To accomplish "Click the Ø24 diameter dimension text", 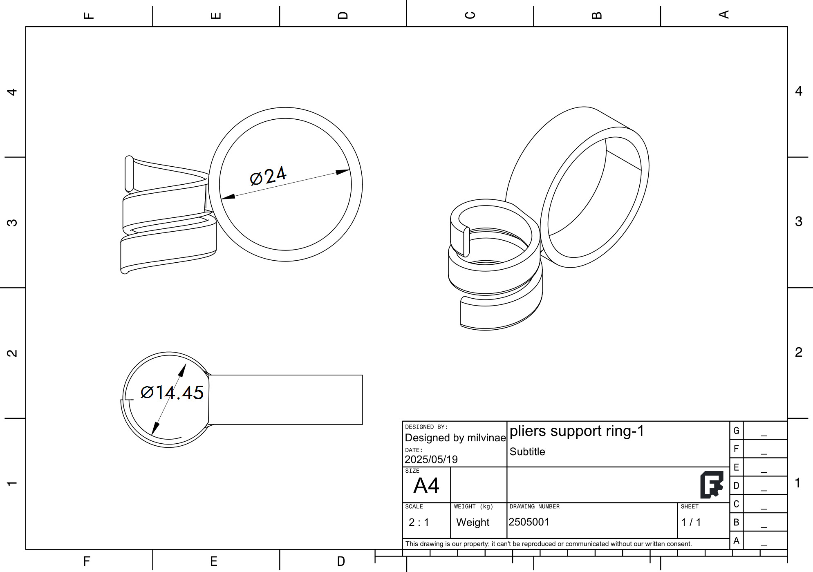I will click(268, 177).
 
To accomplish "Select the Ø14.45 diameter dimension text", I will click(172, 393).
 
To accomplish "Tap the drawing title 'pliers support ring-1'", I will click(577, 431).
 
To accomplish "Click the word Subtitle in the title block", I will click(527, 451).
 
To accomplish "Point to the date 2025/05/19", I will click(431, 459).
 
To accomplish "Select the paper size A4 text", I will click(426, 486).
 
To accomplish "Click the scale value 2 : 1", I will click(419, 522).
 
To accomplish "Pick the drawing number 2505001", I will click(529, 522).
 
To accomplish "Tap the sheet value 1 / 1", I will click(691, 522).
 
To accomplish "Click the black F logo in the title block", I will click(712, 485).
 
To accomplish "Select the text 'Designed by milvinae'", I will click(455, 438).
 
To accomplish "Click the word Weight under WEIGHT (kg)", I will click(473, 522).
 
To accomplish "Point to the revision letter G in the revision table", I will click(736, 431).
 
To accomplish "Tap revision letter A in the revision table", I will click(736, 541).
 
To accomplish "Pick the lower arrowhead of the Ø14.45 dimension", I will click(155, 429).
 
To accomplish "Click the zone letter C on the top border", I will click(470, 15).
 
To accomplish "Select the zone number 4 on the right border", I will click(798, 91).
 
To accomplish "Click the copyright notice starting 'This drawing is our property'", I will click(548, 544).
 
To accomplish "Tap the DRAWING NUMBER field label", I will click(534, 507).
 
